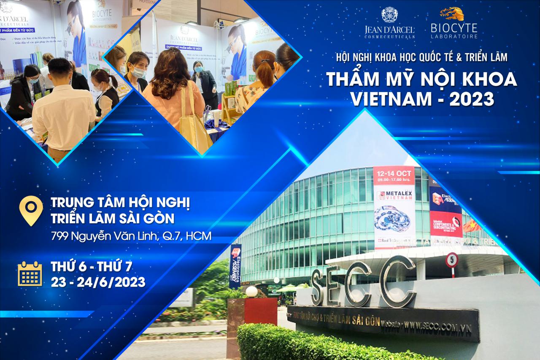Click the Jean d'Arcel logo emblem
[x=389, y=15]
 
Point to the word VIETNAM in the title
[x=384, y=99]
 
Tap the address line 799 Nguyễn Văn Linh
[x=131, y=236]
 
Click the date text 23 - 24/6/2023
[x=98, y=282]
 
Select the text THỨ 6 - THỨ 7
[x=92, y=267]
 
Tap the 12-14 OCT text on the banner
[x=394, y=173]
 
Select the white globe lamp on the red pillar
[x=251, y=291]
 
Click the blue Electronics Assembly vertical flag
[x=235, y=266]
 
